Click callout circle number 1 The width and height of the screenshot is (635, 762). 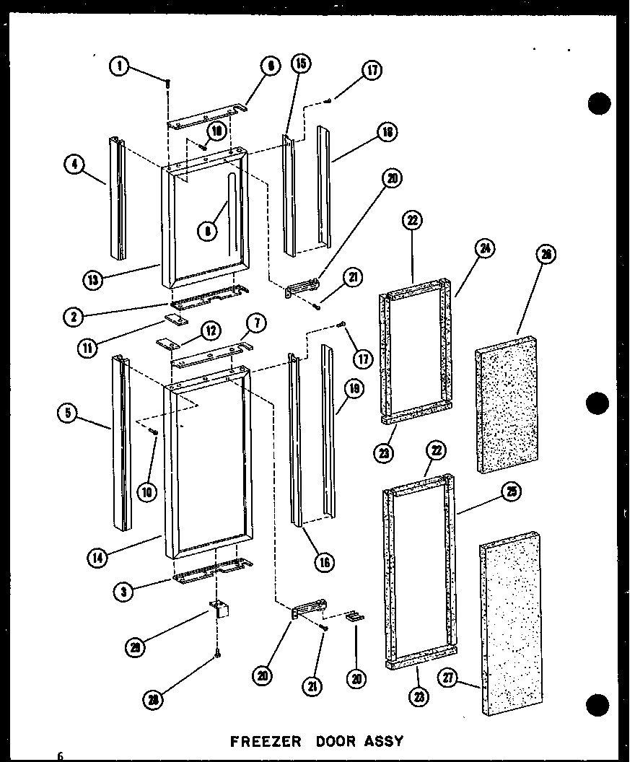click(119, 66)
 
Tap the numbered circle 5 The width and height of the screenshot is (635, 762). click(68, 413)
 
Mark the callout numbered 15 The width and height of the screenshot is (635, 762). click(300, 65)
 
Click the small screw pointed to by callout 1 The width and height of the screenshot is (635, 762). click(168, 84)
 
